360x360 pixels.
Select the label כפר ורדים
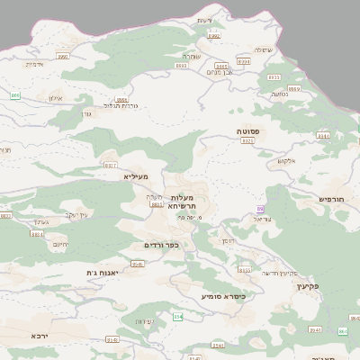coord(162,245)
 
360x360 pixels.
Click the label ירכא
coord(39,336)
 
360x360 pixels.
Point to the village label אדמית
coord(33,64)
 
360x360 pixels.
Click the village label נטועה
coord(279,94)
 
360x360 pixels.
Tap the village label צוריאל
coord(263,219)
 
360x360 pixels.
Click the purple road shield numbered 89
coord(261,209)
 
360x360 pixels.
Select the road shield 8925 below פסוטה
coord(248,142)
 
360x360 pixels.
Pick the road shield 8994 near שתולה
coord(244,60)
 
